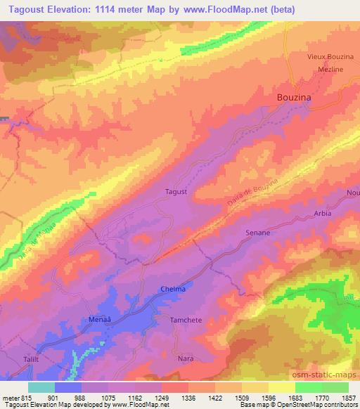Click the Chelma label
pos(173,290)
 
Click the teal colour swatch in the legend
pos(41,387)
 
